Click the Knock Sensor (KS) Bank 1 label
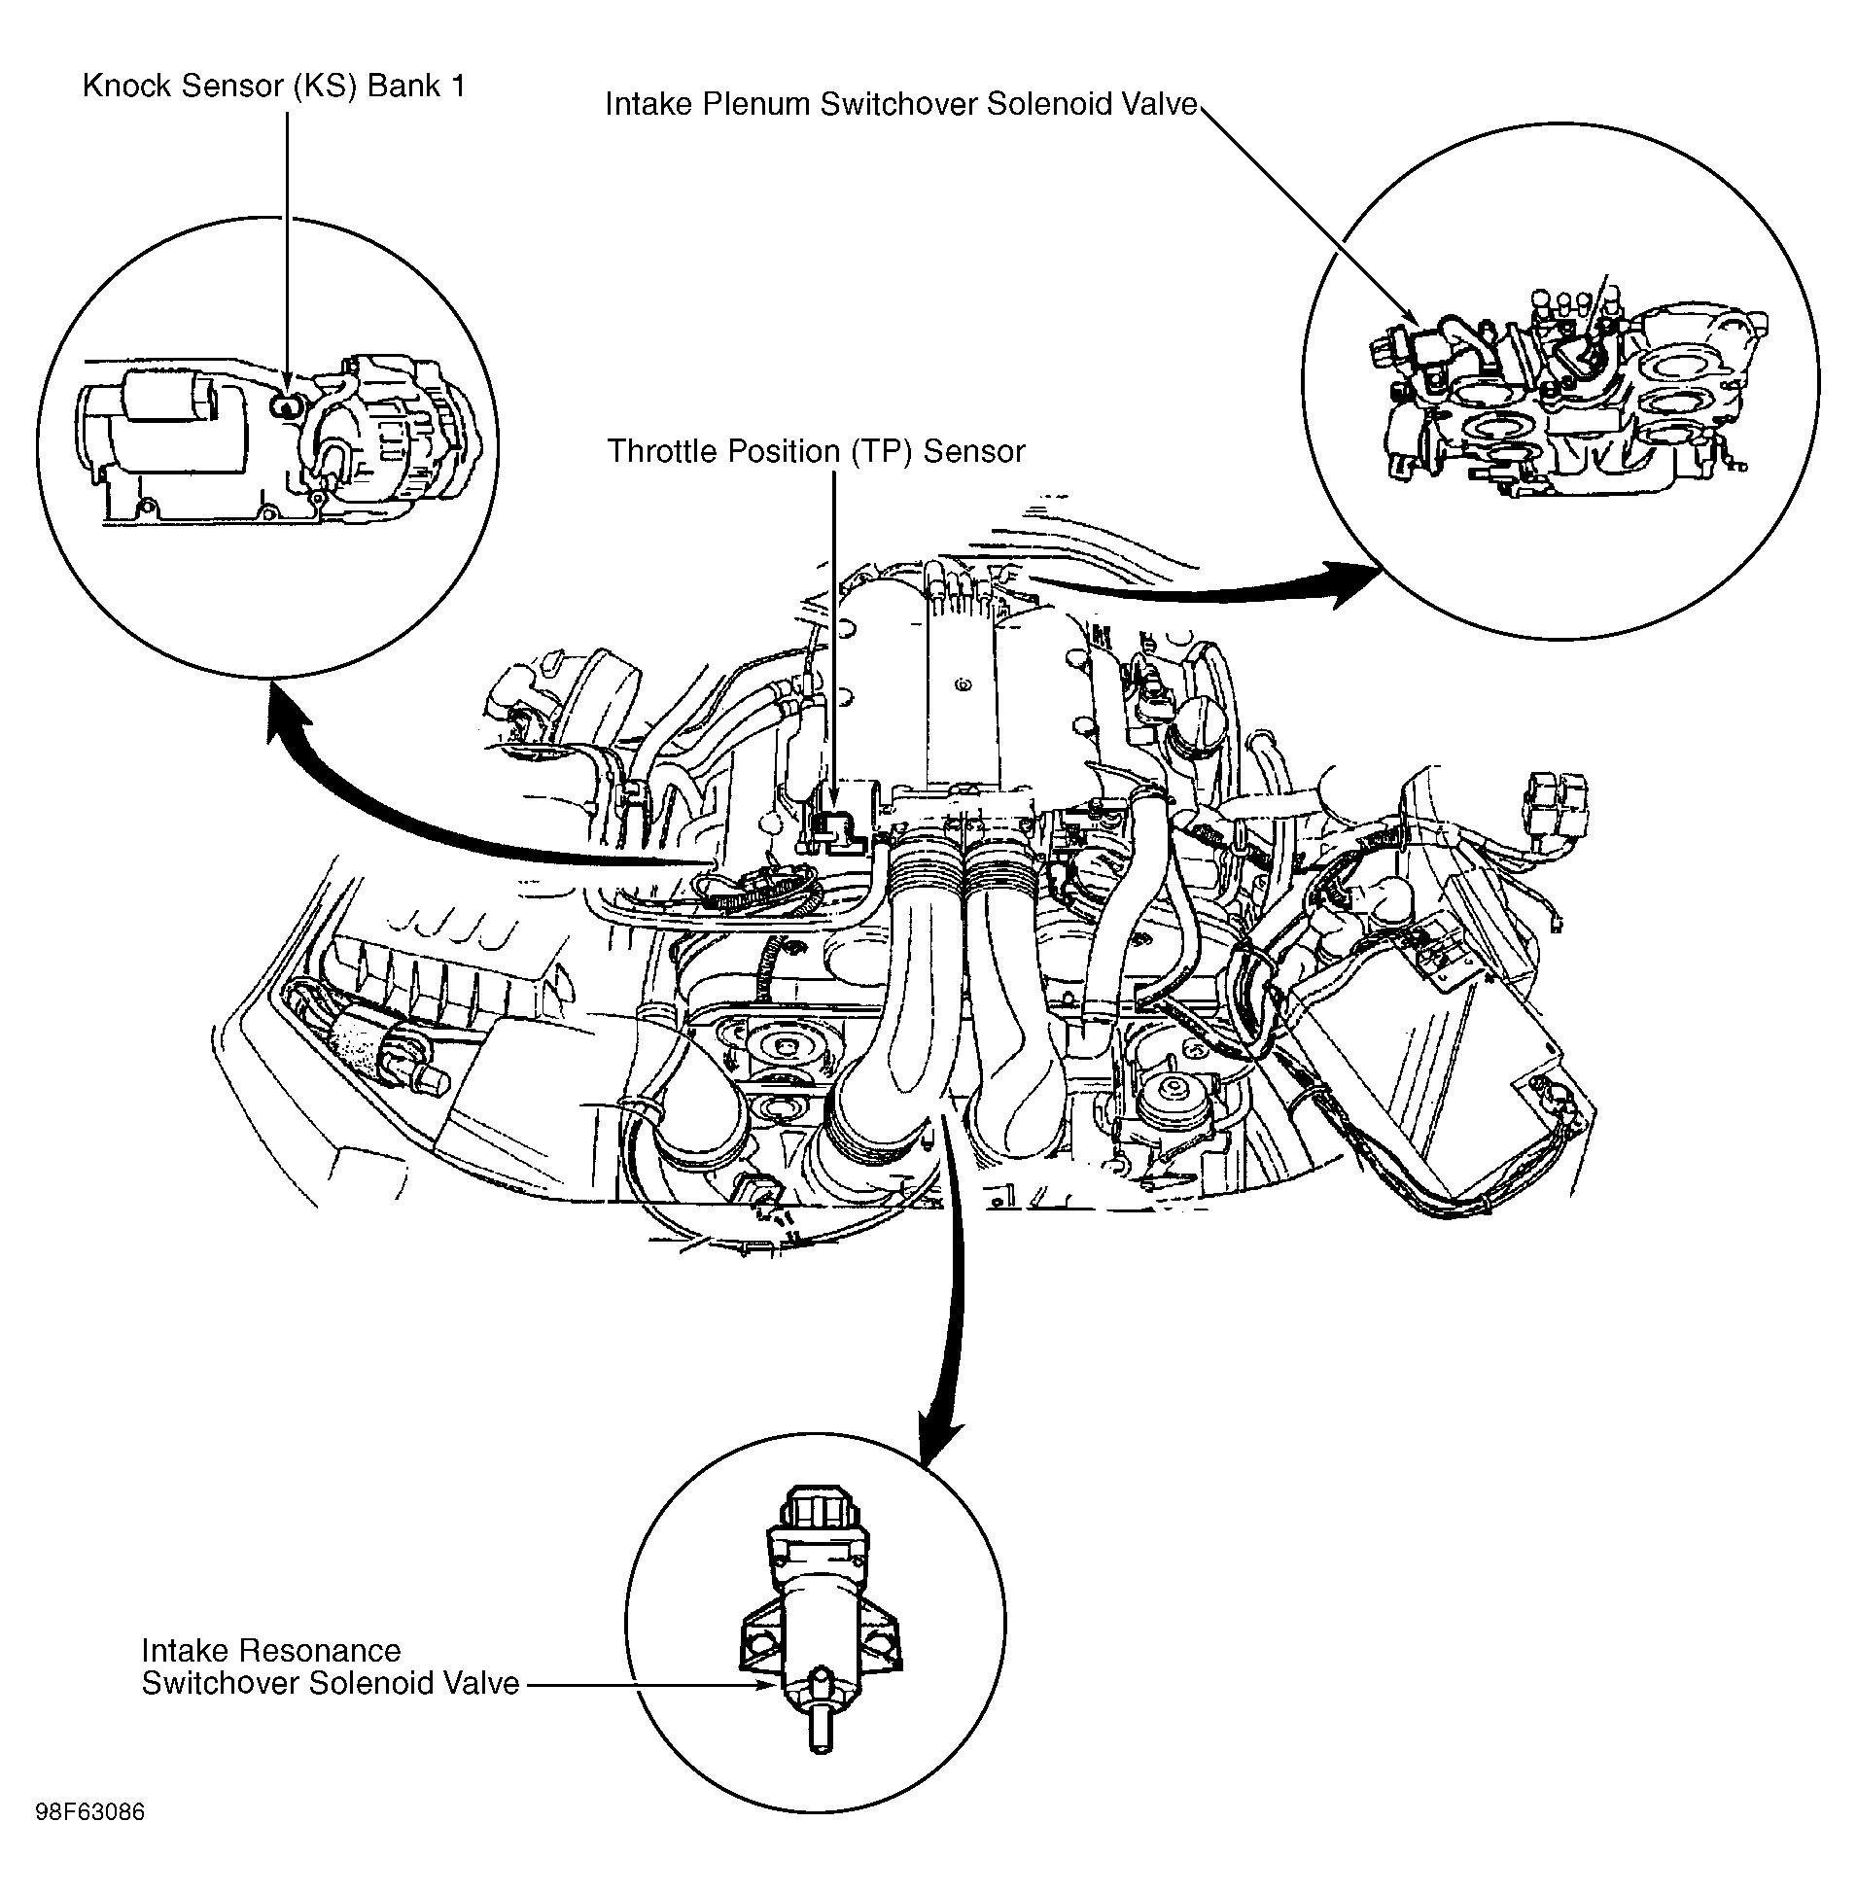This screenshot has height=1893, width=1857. coord(273,87)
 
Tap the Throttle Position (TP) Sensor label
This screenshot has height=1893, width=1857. coord(816,451)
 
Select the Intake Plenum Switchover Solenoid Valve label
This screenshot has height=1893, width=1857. coord(900,104)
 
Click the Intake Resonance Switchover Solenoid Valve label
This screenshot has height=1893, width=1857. coord(330,1666)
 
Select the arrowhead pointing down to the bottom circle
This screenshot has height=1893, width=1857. coord(938,1444)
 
